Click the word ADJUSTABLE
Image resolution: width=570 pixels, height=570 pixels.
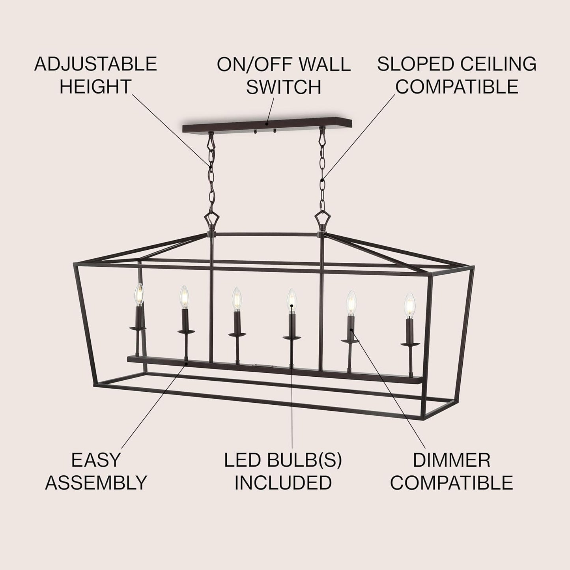pyautogui.click(x=95, y=64)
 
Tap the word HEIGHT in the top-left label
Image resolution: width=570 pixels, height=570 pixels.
pyautogui.click(x=95, y=87)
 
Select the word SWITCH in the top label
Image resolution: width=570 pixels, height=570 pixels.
pyautogui.click(x=284, y=87)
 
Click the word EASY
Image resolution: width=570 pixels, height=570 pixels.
pyautogui.click(x=95, y=460)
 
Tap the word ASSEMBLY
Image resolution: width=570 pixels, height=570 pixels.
pyautogui.click(x=96, y=482)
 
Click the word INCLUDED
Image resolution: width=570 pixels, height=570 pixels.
pyautogui.click(x=283, y=482)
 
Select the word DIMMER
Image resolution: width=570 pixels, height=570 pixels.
pyautogui.click(x=452, y=460)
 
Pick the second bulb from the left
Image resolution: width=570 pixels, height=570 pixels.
pyautogui.click(x=184, y=297)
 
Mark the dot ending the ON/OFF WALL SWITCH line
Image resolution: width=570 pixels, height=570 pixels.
pyautogui.click(x=267, y=123)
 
